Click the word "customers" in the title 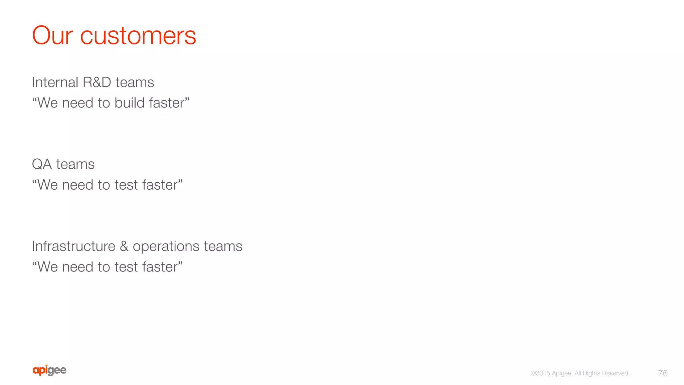[138, 36]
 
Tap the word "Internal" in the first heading [55, 82]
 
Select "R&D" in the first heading [97, 82]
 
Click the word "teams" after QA [75, 164]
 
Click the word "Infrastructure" [73, 246]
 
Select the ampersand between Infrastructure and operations [124, 246]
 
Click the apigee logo [49, 370]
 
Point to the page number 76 [663, 373]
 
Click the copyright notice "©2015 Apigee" [551, 373]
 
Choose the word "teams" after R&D [135, 82]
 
